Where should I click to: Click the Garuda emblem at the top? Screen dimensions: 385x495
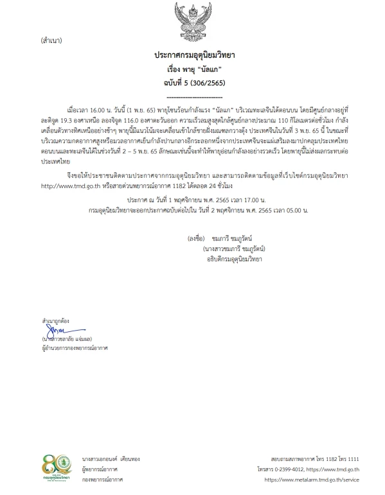point(192,20)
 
